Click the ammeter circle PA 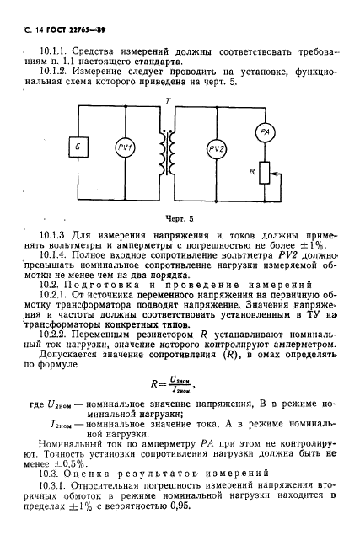(263, 131)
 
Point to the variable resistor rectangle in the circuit (263, 175)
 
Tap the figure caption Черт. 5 (180, 217)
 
